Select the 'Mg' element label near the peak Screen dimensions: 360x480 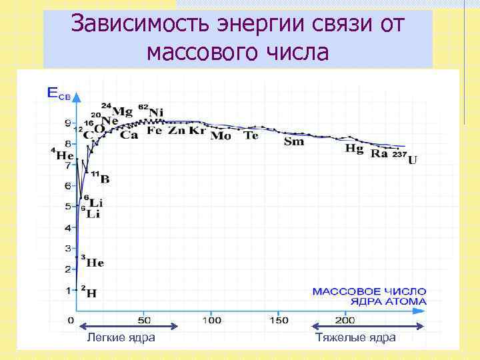(122, 111)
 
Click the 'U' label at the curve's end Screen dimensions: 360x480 (413, 160)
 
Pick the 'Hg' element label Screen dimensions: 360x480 (354, 148)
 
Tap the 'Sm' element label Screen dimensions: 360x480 (293, 141)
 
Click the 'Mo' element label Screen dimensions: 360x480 (221, 136)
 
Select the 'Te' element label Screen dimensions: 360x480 (251, 135)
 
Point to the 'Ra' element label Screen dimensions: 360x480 (379, 153)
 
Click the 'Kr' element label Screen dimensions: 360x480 (197, 131)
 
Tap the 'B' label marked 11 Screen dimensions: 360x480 (105, 179)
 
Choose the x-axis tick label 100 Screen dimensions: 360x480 (212, 320)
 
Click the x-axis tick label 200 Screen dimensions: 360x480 (345, 320)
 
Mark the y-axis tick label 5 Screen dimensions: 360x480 (67, 207)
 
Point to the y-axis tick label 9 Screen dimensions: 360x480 (67, 123)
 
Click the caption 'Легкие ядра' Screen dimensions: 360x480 (121, 338)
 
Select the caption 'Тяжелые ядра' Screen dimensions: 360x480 (356, 338)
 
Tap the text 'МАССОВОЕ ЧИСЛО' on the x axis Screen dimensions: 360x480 (369, 291)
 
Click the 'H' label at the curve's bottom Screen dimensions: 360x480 (91, 292)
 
